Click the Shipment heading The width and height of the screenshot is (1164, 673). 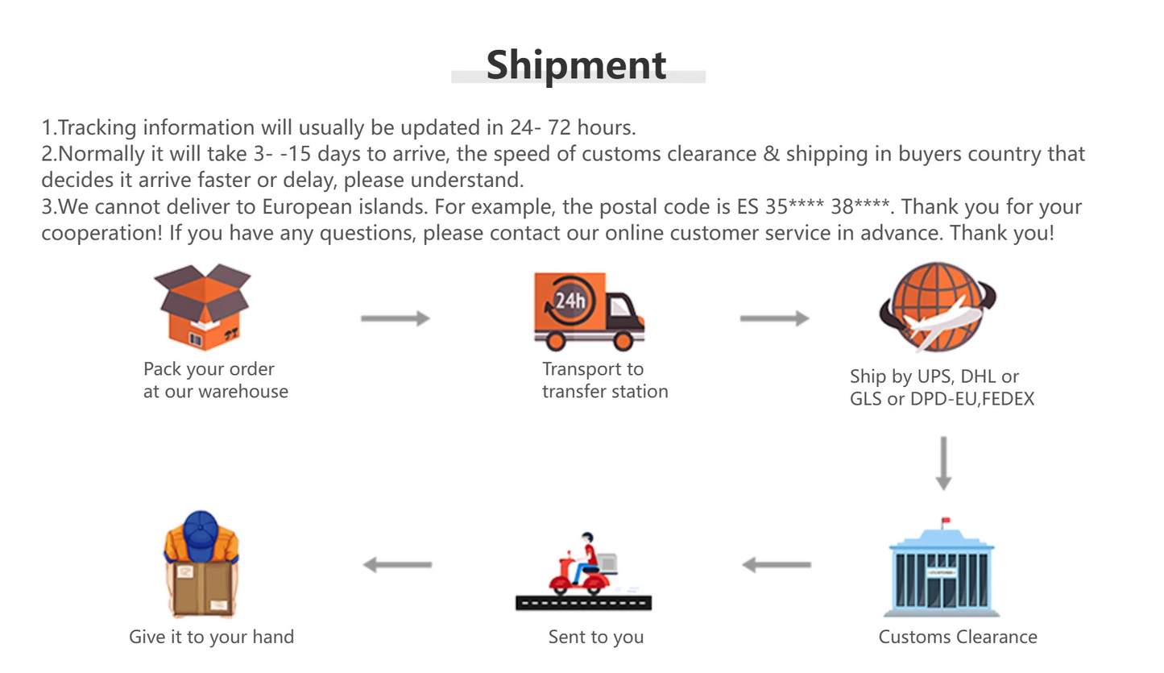pyautogui.click(x=576, y=64)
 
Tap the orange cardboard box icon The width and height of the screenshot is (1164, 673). pyautogui.click(x=204, y=306)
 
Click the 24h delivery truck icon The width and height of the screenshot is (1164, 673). pyautogui.click(x=588, y=311)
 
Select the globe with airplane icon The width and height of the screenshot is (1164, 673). pyautogui.click(x=937, y=306)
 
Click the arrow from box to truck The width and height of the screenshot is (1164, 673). pyautogui.click(x=395, y=318)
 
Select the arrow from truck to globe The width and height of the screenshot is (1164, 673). pyautogui.click(x=774, y=318)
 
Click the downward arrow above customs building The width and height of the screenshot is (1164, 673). pyautogui.click(x=942, y=463)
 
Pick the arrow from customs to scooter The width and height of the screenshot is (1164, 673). pyautogui.click(x=776, y=565)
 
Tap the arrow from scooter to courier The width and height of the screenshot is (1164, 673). pyautogui.click(x=397, y=565)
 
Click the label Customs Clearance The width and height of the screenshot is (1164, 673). pyautogui.click(x=957, y=637)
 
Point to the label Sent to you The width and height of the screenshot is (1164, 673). pyautogui.click(x=595, y=637)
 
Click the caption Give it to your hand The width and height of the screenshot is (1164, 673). pyautogui.click(x=211, y=637)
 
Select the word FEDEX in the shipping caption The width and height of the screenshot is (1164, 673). pyautogui.click(x=1007, y=398)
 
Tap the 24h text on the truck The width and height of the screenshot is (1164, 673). pyautogui.click(x=570, y=301)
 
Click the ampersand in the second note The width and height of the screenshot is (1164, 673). pyautogui.click(x=772, y=153)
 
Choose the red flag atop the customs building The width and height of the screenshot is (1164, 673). pyautogui.click(x=946, y=521)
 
